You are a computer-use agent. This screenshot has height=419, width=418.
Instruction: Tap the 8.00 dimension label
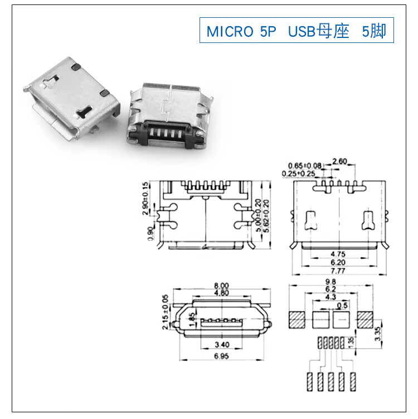(x=222, y=286)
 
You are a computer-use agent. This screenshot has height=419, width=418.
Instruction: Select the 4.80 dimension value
(x=222, y=292)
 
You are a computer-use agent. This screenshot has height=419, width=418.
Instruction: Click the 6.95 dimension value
(x=222, y=356)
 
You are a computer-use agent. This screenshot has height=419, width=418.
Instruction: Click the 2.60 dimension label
(x=339, y=162)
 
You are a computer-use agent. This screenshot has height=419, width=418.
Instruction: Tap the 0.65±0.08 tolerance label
(x=305, y=166)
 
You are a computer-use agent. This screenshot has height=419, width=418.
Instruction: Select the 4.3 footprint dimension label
(x=330, y=297)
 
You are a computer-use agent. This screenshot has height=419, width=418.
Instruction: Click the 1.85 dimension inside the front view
(x=192, y=320)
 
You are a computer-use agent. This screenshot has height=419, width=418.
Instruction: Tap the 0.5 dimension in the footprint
(x=343, y=305)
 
